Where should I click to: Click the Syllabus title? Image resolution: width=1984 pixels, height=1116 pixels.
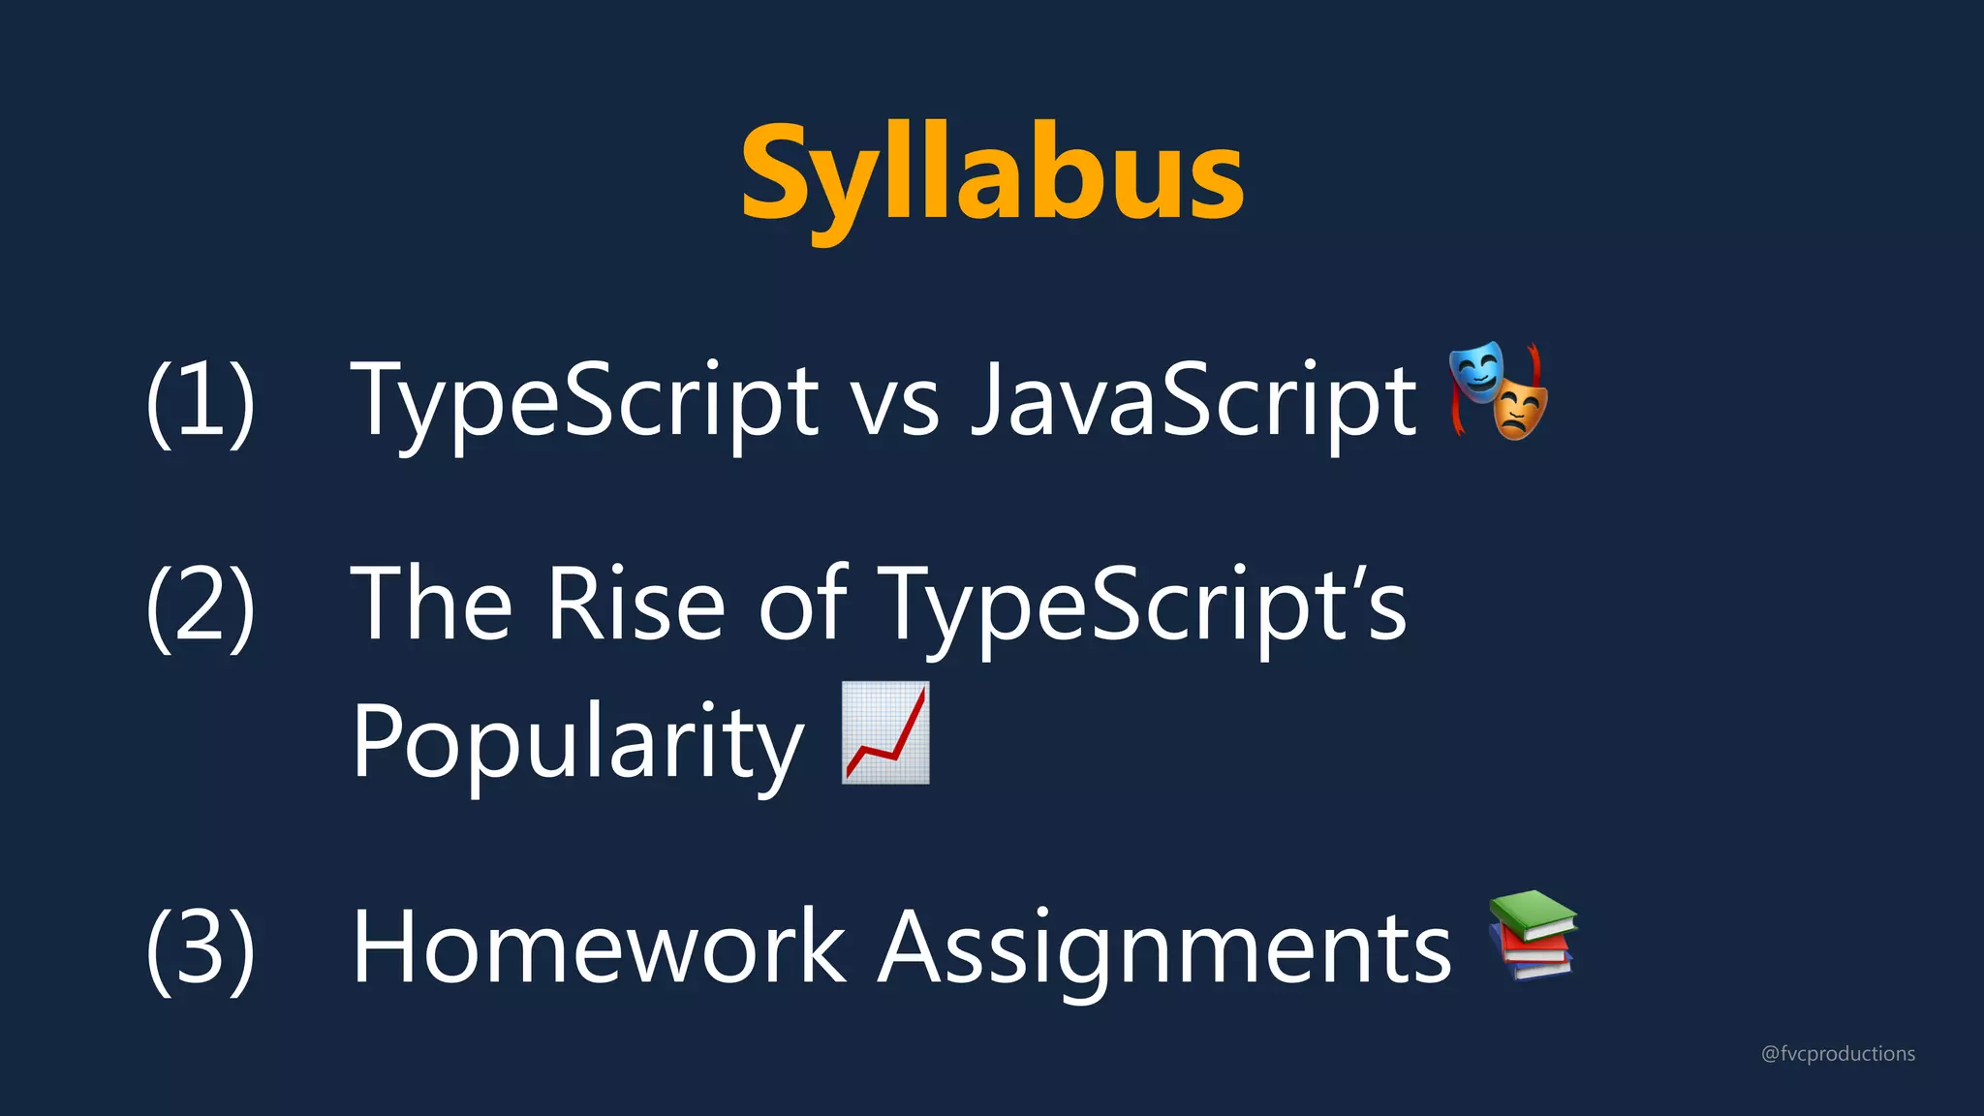point(992,174)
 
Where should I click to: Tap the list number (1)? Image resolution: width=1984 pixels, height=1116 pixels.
point(201,401)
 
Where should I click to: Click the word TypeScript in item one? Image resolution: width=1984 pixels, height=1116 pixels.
point(584,401)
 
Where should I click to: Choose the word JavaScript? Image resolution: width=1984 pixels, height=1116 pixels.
point(1193,401)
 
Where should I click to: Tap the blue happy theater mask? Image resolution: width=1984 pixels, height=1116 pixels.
point(1476,371)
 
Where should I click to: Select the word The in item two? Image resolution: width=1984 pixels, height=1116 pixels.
point(431,604)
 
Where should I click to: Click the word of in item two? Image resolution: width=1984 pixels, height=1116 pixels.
point(802,604)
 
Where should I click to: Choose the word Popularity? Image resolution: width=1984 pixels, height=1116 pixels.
point(577,742)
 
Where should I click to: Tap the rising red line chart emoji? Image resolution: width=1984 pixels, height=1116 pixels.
point(885,732)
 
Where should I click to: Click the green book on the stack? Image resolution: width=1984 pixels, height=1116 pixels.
point(1534,914)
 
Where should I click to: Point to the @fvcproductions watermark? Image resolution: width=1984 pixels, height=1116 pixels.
point(1838,1053)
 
